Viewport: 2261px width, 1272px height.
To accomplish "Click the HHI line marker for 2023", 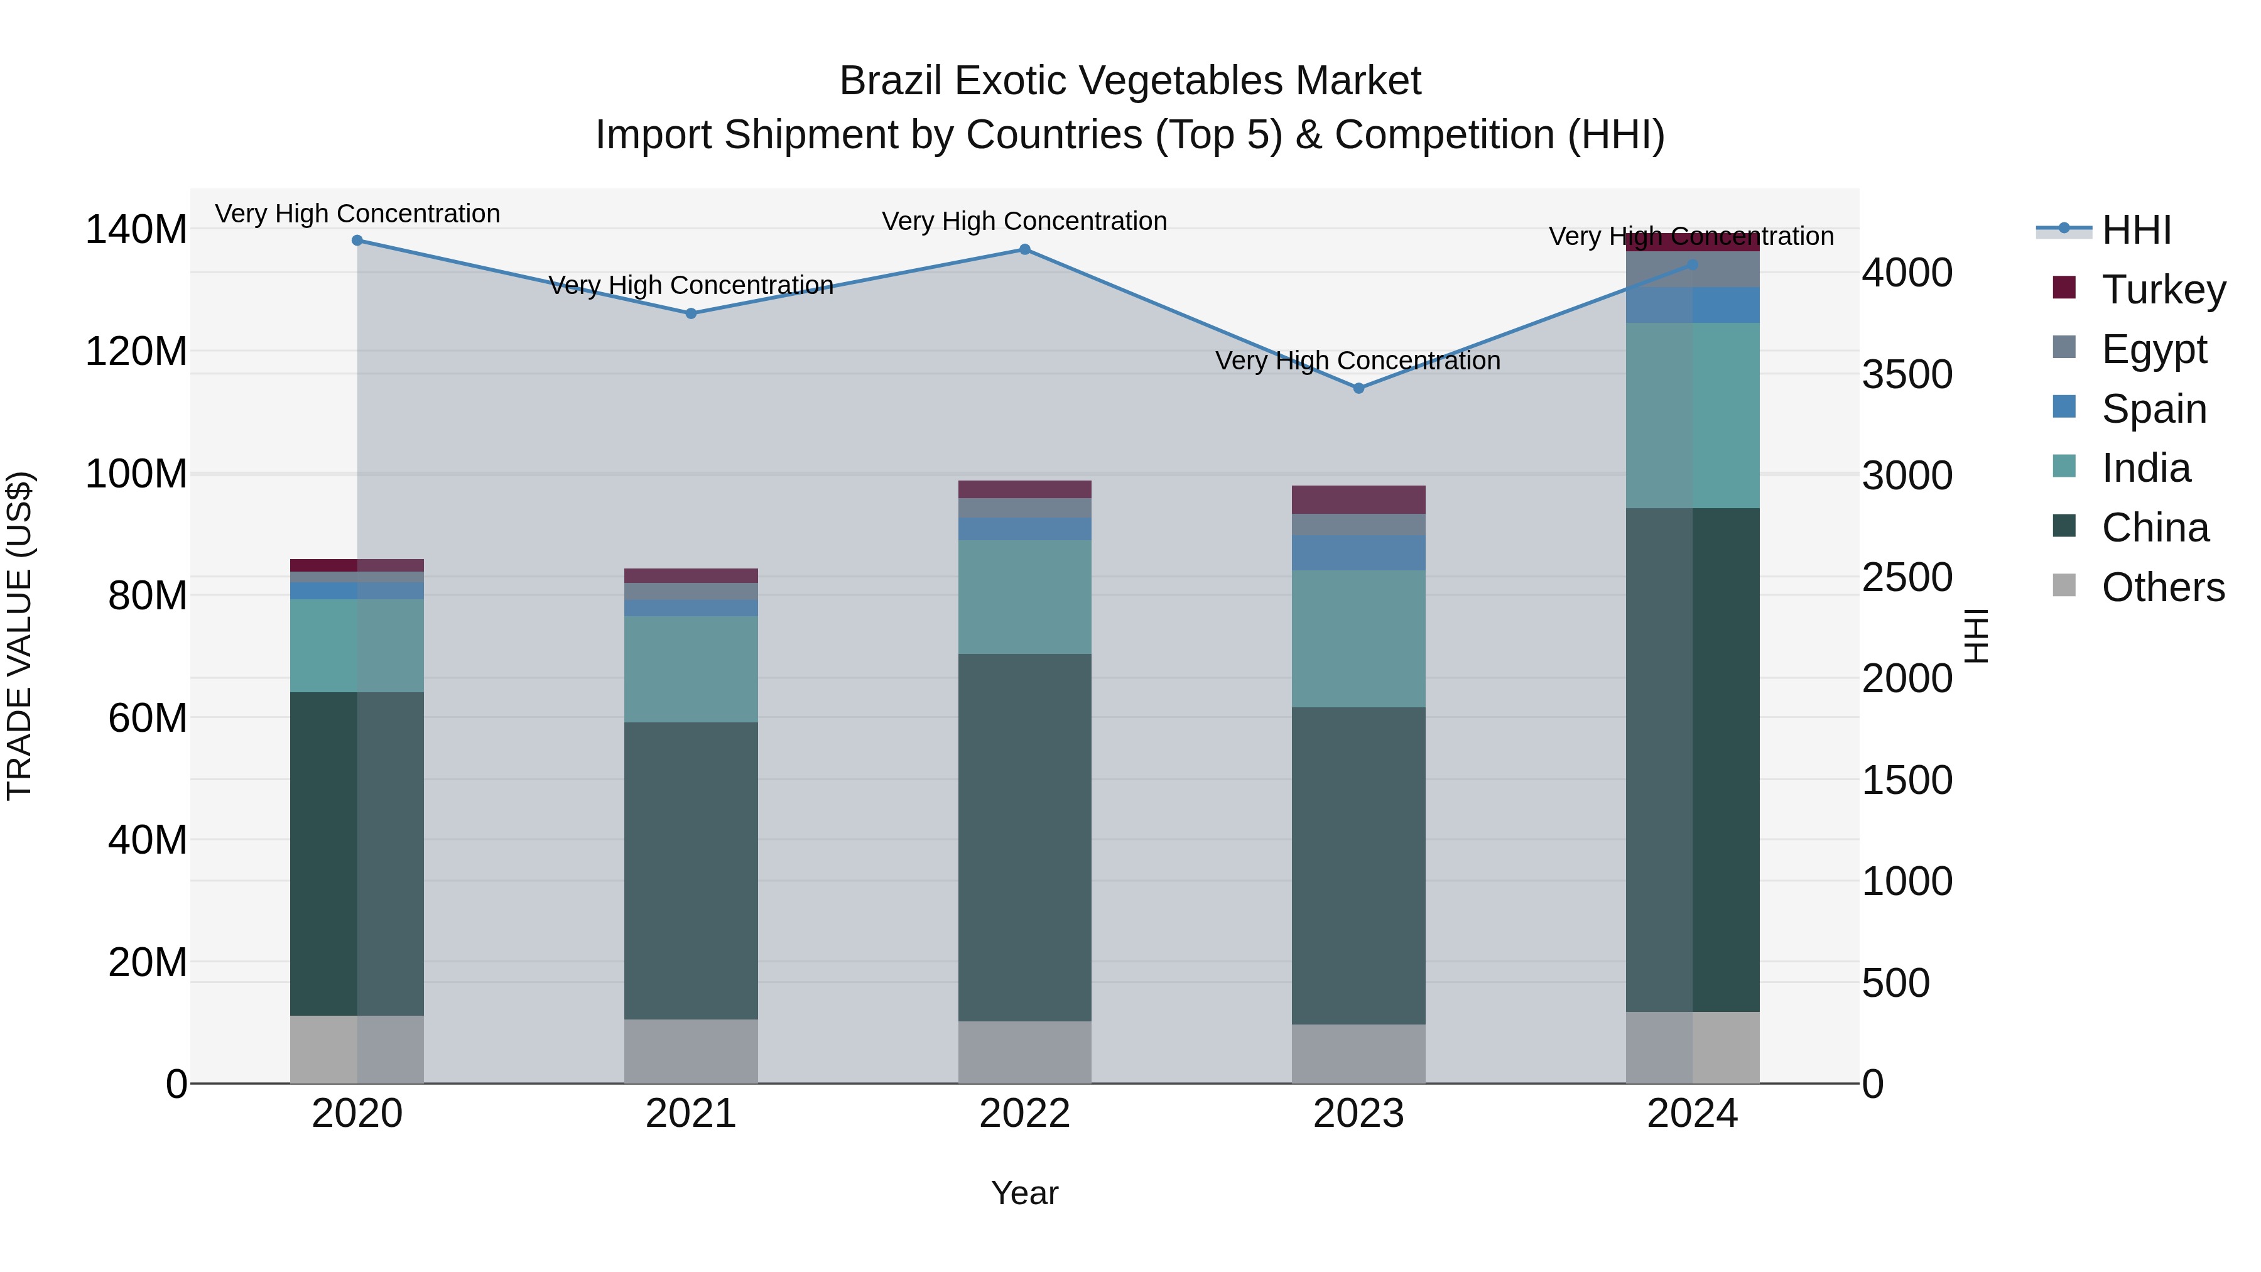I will (x=1358, y=388).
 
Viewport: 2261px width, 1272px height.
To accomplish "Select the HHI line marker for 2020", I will (x=357, y=241).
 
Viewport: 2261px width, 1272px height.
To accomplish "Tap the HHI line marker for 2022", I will (x=1024, y=249).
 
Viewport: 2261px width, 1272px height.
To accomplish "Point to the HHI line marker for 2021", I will (x=691, y=313).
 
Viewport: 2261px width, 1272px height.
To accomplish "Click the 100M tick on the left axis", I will (x=136, y=474).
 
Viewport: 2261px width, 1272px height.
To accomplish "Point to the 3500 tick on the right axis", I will (x=1906, y=375).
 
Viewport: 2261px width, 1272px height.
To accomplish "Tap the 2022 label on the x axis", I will (x=1024, y=1114).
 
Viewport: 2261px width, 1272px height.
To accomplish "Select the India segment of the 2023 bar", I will (x=1358, y=638).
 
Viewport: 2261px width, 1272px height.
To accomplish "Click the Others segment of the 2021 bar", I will (x=691, y=1051).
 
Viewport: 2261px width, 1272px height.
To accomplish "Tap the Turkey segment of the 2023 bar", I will (x=1358, y=499).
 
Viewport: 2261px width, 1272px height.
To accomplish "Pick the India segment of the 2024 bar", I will (x=1692, y=415).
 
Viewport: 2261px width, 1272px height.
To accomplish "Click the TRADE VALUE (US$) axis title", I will (x=19, y=636).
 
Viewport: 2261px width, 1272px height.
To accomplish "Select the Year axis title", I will (x=1024, y=1194).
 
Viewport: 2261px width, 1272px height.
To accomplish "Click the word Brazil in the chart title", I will (x=890, y=81).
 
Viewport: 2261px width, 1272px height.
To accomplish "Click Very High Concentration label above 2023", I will (x=1358, y=361).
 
